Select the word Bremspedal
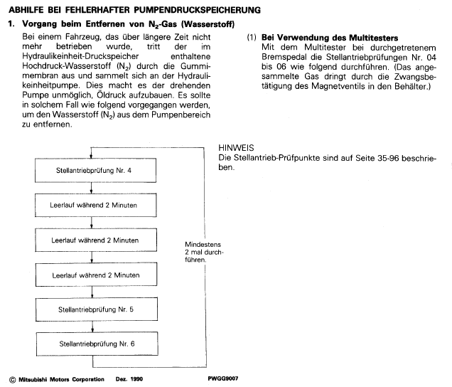(284, 55)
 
